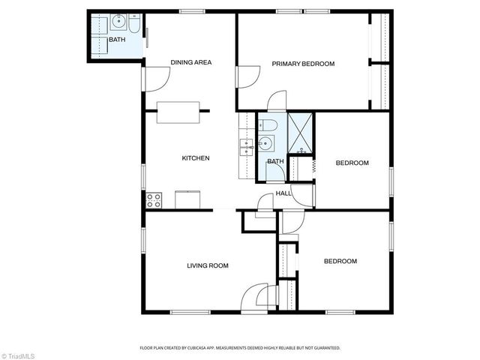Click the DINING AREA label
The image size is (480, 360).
(x=190, y=63)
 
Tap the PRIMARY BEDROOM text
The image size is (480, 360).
(x=303, y=64)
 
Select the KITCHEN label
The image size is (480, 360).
(x=195, y=158)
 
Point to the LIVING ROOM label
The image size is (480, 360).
(x=207, y=265)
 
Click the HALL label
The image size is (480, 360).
(x=283, y=193)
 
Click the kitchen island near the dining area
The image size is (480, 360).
(x=178, y=112)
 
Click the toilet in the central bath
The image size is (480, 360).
(x=271, y=124)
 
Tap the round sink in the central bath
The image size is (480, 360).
(x=264, y=143)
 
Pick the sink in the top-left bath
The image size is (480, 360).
(x=120, y=22)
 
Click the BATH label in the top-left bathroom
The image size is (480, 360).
(x=117, y=40)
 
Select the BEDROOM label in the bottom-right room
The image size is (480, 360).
(x=340, y=262)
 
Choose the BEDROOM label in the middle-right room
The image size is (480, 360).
(x=352, y=163)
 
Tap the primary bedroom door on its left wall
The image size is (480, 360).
(x=244, y=76)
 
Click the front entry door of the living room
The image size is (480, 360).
(x=257, y=296)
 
